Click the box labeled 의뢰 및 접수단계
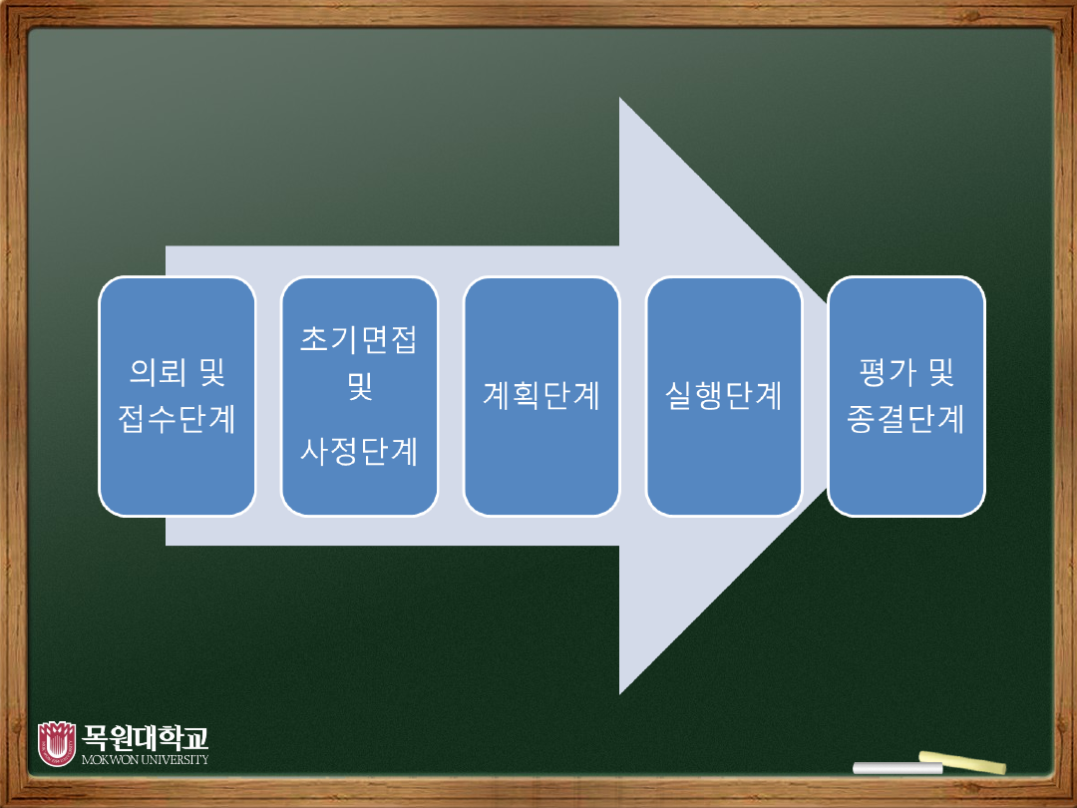click(x=178, y=396)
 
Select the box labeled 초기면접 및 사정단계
click(x=359, y=396)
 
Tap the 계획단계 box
click(x=541, y=396)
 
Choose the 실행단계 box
click(x=724, y=396)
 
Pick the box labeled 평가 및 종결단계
click(x=906, y=396)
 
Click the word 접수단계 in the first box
click(x=178, y=419)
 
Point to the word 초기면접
click(x=359, y=340)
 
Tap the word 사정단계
click(x=359, y=451)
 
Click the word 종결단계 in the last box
click(x=906, y=419)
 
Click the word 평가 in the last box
click(x=882, y=373)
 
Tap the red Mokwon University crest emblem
click(x=56, y=743)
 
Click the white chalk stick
click(x=885, y=767)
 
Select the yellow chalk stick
click(x=962, y=762)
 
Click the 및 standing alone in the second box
click(x=359, y=386)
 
